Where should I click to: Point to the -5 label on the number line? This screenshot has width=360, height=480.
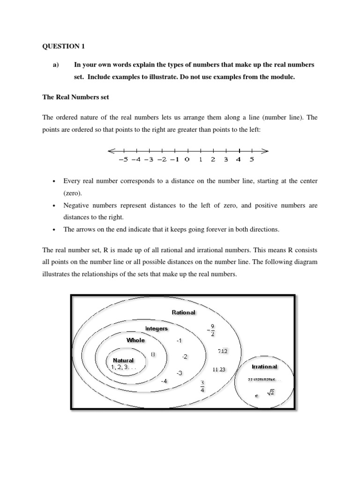tap(123, 159)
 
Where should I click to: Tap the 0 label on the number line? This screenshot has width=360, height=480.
tap(187, 159)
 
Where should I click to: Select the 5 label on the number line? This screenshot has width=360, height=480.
tap(251, 159)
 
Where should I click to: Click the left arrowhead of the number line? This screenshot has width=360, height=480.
tap(111, 151)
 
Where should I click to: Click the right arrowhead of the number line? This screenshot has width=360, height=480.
tap(265, 151)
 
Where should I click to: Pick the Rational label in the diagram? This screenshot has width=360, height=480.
tap(184, 312)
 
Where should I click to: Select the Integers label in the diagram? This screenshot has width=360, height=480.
tap(156, 329)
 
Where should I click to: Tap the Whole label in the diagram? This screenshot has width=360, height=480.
tap(135, 340)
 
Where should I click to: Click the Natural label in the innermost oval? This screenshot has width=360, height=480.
tap(123, 360)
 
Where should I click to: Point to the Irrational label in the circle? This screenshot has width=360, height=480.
tap(264, 367)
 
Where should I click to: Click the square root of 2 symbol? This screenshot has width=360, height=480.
tap(270, 393)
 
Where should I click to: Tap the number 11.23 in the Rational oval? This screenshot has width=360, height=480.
tap(219, 369)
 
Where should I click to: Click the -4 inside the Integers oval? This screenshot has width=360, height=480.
tap(164, 381)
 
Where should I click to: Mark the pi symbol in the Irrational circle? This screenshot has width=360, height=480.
tap(256, 396)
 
